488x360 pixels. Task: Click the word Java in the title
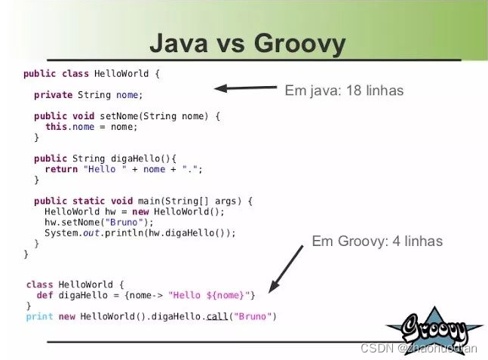179,43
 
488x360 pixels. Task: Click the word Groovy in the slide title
299,45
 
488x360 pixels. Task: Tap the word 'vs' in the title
231,45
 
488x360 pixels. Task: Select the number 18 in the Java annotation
354,91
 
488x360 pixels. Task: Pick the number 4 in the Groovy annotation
396,242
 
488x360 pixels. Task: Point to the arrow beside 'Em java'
246,88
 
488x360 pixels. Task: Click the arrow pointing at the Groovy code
286,269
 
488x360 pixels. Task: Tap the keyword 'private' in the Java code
54,94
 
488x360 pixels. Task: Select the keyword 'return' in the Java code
61,169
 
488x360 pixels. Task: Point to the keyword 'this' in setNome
57,127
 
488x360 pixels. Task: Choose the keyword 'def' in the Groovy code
45,295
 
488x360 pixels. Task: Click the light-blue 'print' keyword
39,317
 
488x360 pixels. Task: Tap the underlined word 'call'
217,316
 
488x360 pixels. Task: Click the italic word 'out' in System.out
91,233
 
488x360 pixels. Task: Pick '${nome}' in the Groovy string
225,295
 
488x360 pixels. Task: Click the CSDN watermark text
419,348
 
